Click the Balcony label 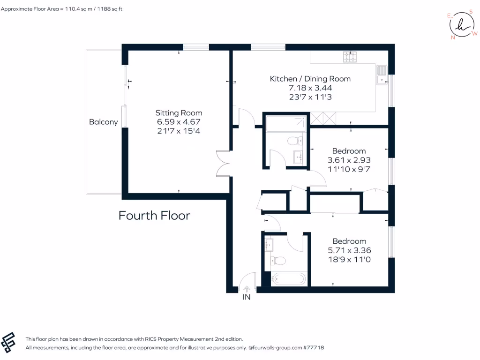tap(104, 122)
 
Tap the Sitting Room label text tap(179, 113)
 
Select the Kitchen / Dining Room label tap(310, 79)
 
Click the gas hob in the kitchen tap(350, 57)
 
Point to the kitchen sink tap(382, 75)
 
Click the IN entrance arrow tap(247, 289)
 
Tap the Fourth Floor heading tap(154, 216)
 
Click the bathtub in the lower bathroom tap(289, 279)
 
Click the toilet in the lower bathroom tap(278, 261)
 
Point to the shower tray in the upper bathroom tap(286, 124)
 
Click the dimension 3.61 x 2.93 tap(349, 160)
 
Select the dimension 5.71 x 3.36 tap(349, 250)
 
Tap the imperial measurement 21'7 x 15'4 tap(179, 131)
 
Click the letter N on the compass tap(453, 37)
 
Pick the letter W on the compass tap(475, 33)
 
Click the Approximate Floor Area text tap(61, 9)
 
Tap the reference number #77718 tap(314, 347)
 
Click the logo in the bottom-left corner tap(8, 342)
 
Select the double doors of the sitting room tap(223, 164)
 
